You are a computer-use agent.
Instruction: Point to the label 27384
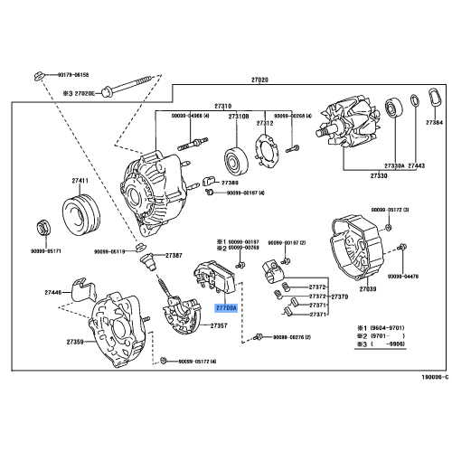pyautogui.click(x=435, y=121)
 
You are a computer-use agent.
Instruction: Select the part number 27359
pyautogui.click(x=75, y=342)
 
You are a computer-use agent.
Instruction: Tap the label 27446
pyautogui.click(x=56, y=293)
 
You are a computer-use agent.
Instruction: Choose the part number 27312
pyautogui.click(x=265, y=122)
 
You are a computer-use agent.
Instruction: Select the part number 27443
pyautogui.click(x=416, y=166)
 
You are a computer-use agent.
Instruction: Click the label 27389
pyautogui.click(x=218, y=184)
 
